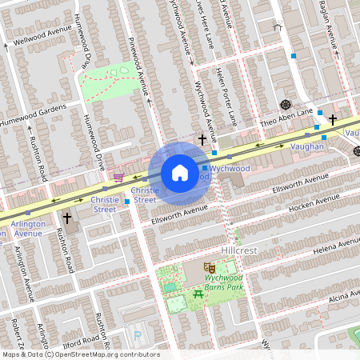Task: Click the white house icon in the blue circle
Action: [180, 173]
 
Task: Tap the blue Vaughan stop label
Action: [307, 146]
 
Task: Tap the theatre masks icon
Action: [210, 266]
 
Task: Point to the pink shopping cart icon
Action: [118, 178]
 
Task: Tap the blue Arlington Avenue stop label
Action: [28, 229]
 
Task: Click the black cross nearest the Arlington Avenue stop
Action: [68, 217]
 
